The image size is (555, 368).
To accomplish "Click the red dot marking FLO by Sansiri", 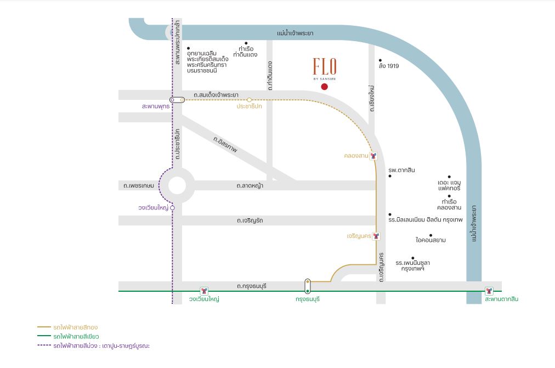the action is [324, 87].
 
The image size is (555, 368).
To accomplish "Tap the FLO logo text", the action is [325, 66].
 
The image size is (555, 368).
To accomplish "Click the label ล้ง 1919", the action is [389, 66].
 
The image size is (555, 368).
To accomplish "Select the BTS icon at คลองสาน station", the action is [373, 156].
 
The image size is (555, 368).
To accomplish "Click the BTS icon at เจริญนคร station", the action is [376, 236].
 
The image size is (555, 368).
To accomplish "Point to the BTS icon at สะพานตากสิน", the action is [489, 291].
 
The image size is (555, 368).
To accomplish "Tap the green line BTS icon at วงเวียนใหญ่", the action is [204, 291].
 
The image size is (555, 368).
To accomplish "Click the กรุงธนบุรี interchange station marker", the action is [308, 286].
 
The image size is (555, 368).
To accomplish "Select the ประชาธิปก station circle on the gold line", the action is [249, 100].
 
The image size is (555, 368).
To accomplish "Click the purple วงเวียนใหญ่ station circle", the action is [172, 208].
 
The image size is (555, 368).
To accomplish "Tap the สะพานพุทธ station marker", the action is [177, 100].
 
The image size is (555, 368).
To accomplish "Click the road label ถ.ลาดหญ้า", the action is [250, 185].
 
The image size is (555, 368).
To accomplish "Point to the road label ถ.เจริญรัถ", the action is [250, 220].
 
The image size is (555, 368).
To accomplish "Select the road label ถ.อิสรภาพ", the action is [225, 144].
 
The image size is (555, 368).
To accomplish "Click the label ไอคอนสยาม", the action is [431, 240].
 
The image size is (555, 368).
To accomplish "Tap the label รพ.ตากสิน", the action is [401, 170].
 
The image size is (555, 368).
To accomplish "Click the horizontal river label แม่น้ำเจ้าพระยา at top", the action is [295, 33].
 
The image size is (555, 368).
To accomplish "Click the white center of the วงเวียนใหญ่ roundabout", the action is [177, 185].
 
